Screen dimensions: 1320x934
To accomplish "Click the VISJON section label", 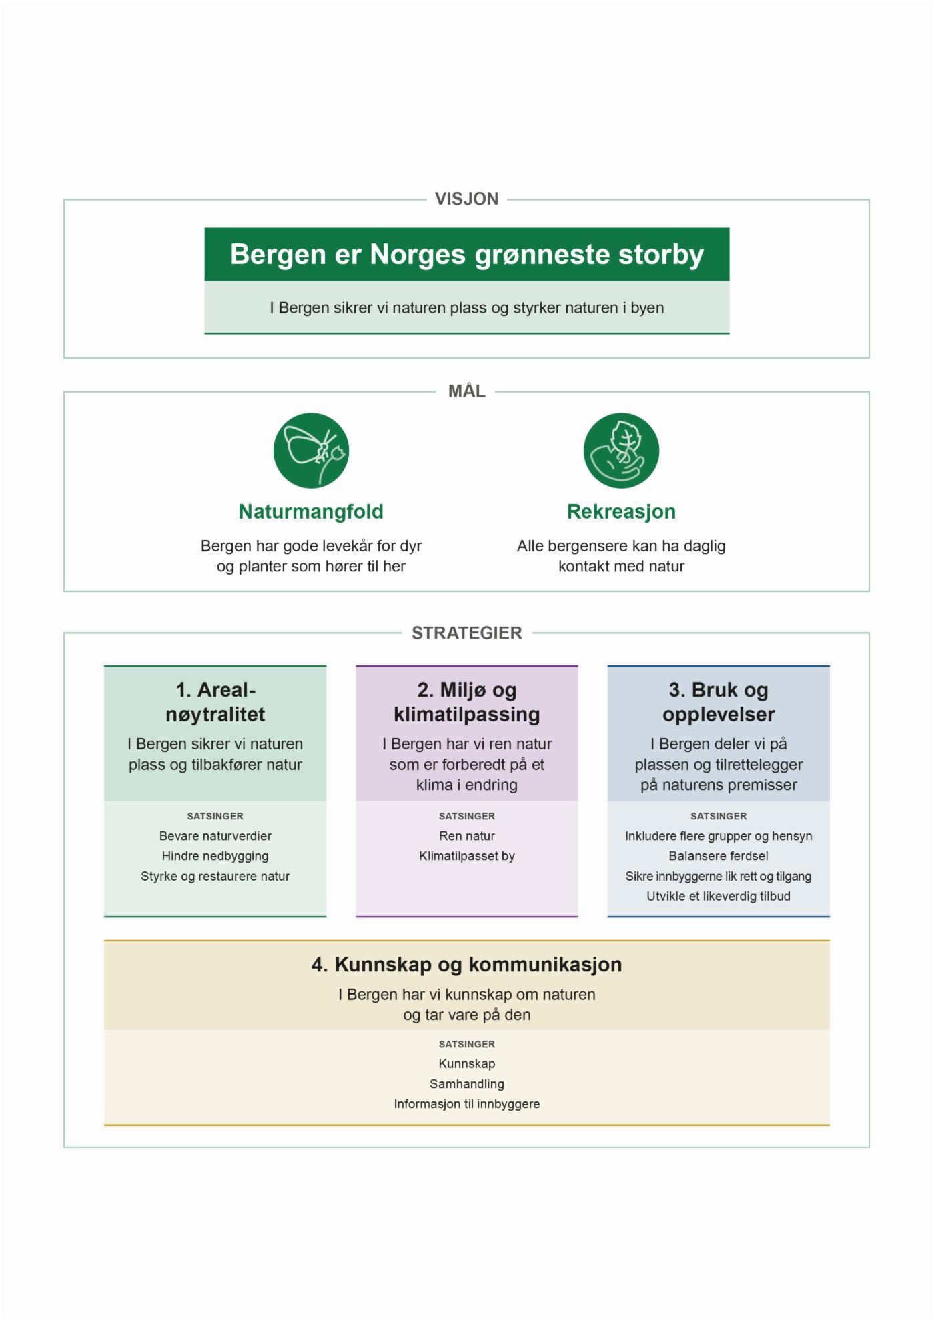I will tap(466, 199).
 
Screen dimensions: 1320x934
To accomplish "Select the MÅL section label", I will tap(466, 391).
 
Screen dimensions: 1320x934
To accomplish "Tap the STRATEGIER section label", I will tap(466, 633).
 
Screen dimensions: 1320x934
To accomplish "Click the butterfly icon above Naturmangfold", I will tap(311, 451).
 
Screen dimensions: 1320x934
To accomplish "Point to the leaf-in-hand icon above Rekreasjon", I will tap(621, 451).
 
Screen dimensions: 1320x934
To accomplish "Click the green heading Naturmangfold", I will tap(311, 511).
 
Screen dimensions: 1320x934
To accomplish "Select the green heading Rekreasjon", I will tap(621, 511).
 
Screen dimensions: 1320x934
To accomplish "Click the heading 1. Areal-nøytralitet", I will tap(215, 702).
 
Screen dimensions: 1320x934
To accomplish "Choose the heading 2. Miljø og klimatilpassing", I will tap(467, 702).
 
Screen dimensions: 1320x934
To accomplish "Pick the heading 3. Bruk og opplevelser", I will tap(719, 702).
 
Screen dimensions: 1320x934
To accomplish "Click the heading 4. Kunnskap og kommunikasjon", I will tap(466, 965).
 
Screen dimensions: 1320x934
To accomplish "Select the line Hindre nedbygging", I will tap(215, 856).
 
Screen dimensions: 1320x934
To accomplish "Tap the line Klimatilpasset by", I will tap(467, 856).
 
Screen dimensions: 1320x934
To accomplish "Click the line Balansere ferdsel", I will tap(719, 856).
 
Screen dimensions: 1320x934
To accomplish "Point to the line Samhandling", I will tap(467, 1084).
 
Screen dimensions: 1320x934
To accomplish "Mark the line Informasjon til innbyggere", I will tap(467, 1104).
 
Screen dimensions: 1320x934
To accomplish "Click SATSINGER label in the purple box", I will tap(467, 816).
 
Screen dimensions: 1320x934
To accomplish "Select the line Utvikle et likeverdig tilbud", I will tap(719, 897).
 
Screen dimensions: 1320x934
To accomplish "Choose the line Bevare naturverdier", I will tap(215, 836).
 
